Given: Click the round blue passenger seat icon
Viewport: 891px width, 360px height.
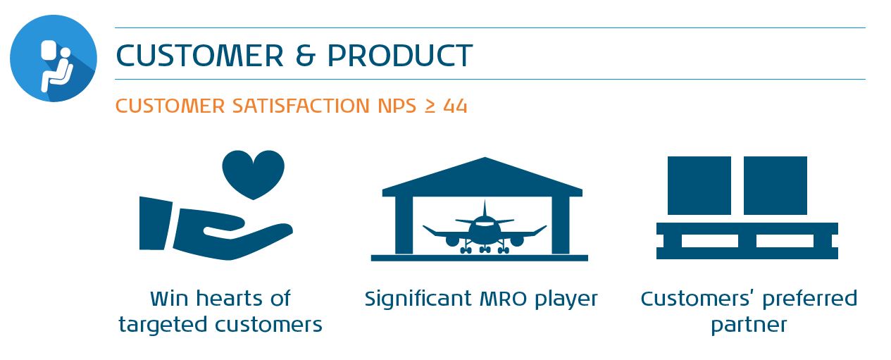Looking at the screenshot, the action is click(x=54, y=58).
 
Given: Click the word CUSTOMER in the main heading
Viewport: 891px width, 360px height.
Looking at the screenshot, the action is click(x=199, y=55).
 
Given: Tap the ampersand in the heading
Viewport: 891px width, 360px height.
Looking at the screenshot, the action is click(x=306, y=55).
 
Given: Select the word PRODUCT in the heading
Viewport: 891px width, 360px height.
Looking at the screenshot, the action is click(x=400, y=55).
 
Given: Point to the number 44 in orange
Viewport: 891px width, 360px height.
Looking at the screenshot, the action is click(x=456, y=106).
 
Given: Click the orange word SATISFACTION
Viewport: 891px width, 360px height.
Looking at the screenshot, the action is click(x=301, y=106).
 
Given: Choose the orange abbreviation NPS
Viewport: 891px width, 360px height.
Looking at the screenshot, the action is click(x=397, y=106).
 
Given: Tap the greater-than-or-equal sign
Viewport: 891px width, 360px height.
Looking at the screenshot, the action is click(x=430, y=106).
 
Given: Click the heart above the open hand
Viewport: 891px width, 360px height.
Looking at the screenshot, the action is click(x=254, y=174).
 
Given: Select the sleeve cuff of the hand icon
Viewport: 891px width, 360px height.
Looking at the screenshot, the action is click(x=155, y=223).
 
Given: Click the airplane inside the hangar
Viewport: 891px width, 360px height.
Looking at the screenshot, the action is click(x=485, y=230).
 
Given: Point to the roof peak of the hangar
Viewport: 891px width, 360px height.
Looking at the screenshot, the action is click(x=485, y=158).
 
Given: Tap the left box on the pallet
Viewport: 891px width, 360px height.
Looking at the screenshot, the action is click(x=699, y=185).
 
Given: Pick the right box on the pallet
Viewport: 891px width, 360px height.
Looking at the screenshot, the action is click(x=775, y=185).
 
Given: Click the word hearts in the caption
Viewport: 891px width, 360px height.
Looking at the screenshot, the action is click(x=230, y=298).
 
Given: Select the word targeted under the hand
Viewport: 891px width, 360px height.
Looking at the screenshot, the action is click(x=164, y=325).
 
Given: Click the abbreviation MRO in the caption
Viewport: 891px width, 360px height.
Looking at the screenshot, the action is click(x=504, y=299).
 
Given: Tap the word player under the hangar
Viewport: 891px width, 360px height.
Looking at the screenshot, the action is click(x=566, y=299).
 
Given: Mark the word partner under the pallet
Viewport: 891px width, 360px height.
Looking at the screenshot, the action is click(x=749, y=325).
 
